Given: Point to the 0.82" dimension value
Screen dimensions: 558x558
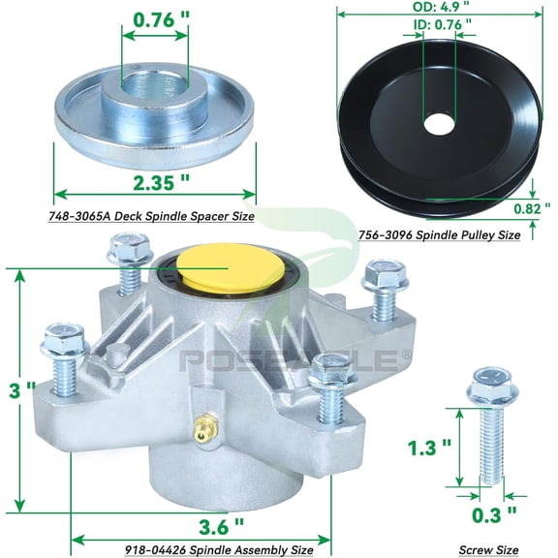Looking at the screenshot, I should click(x=532, y=204).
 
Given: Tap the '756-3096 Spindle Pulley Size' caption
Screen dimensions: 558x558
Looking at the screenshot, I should click(x=441, y=234).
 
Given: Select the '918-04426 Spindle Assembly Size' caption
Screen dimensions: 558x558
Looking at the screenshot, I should click(x=219, y=549).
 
